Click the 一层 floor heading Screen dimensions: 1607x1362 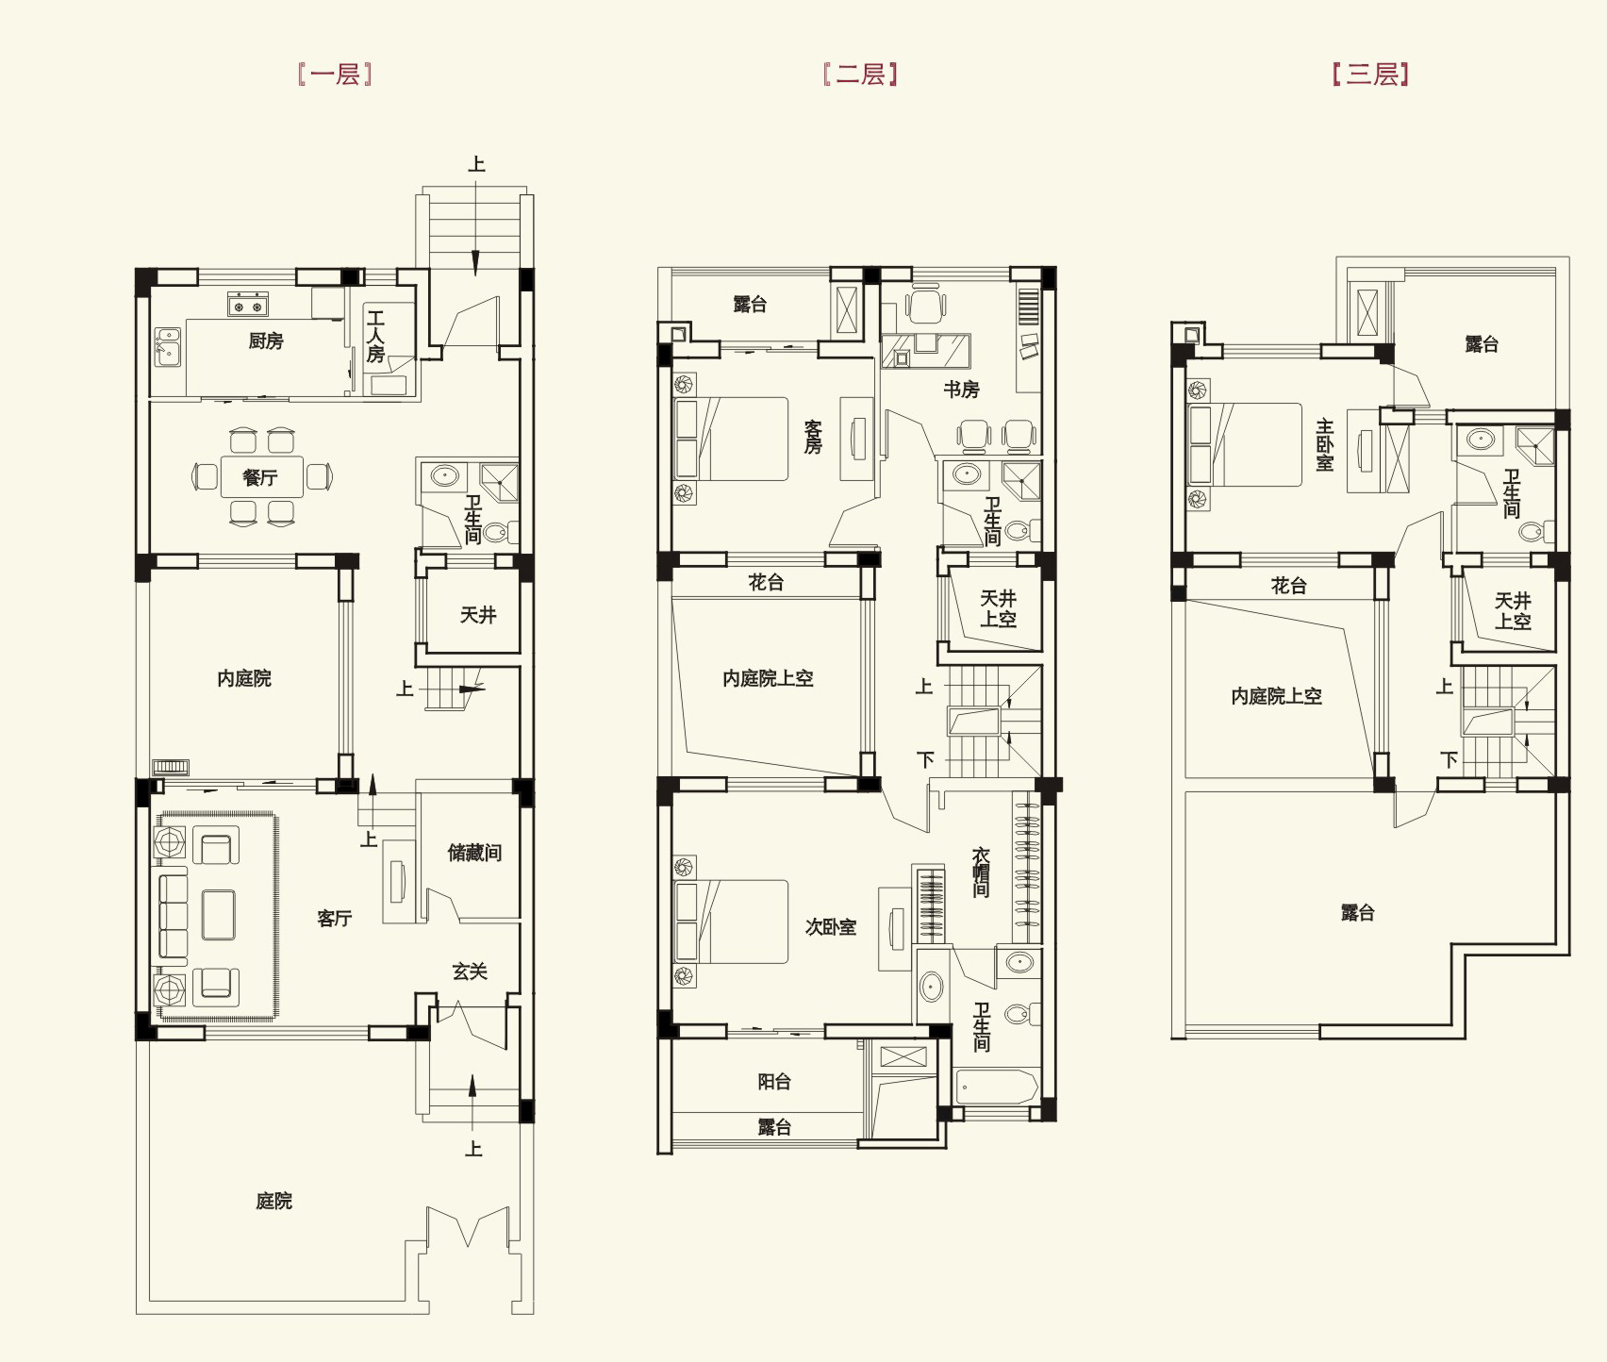click(336, 75)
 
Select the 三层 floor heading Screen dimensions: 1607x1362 click(1371, 75)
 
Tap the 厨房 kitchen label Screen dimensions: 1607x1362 click(266, 341)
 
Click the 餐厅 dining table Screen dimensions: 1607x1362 click(262, 477)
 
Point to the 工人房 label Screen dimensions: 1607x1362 click(376, 337)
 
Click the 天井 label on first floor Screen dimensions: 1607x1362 click(478, 615)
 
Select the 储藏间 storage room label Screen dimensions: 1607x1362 click(474, 853)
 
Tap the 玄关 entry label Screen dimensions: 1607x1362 click(470, 972)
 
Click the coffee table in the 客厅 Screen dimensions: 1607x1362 click(219, 915)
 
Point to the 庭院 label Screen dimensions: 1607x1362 click(274, 1201)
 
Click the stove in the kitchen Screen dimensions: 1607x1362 click(248, 305)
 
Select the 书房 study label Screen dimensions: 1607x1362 click(962, 390)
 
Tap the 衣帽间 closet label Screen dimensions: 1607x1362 click(981, 872)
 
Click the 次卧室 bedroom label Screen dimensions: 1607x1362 click(831, 927)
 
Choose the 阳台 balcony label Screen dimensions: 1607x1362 click(774, 1082)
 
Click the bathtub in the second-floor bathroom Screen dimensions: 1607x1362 click(997, 1087)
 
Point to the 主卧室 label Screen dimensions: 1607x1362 click(1325, 445)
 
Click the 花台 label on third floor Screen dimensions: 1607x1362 click(1289, 586)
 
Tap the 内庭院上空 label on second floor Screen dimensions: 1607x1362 click(768, 678)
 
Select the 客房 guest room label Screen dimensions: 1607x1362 click(813, 438)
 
